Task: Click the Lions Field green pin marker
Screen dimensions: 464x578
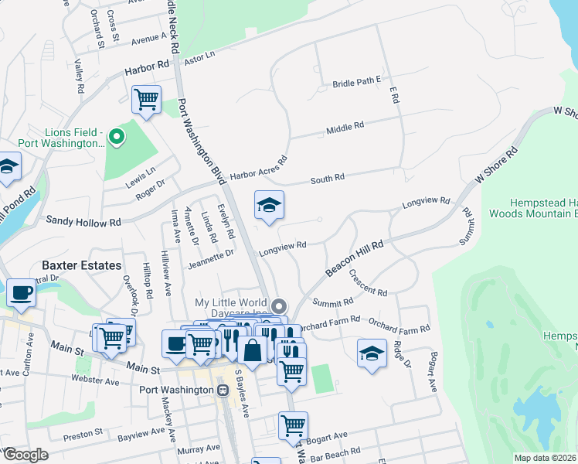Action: point(117,138)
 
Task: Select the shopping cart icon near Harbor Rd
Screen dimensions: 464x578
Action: point(146,100)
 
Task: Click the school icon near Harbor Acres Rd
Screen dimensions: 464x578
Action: point(269,205)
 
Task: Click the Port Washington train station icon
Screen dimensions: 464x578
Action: point(223,391)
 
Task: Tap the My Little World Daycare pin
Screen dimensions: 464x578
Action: point(280,305)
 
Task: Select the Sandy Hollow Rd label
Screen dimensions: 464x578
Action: point(83,221)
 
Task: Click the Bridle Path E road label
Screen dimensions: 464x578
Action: point(358,83)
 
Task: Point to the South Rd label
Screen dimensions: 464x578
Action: point(328,179)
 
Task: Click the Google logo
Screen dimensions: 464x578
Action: point(25,455)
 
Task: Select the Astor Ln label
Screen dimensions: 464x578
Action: point(199,56)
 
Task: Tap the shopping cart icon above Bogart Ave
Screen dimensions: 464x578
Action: point(293,425)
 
